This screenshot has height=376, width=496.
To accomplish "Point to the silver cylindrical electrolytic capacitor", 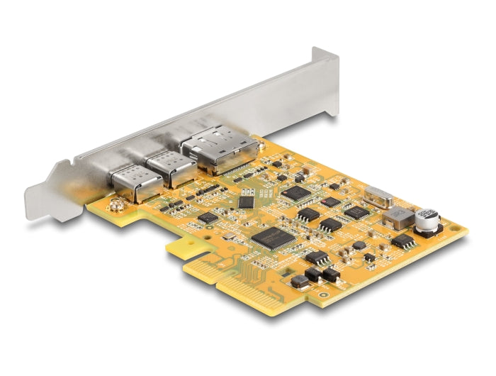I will click(427, 220).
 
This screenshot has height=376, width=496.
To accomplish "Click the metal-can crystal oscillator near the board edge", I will click(378, 197).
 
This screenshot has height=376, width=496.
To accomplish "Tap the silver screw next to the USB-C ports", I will click(113, 206).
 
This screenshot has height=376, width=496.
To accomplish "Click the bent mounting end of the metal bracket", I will click(53, 188).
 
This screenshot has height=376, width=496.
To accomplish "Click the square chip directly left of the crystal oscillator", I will click(356, 211).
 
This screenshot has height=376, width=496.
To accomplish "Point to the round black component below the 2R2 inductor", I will click(359, 245).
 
